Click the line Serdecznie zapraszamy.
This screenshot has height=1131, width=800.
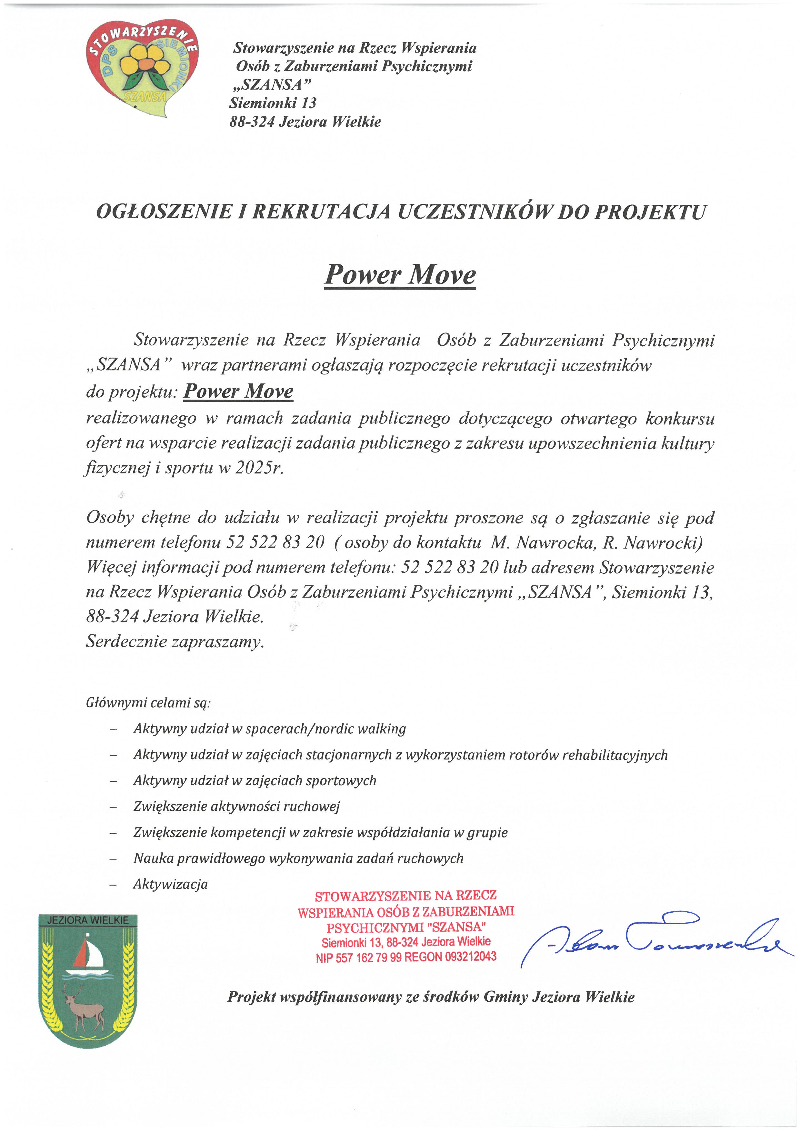(175, 642)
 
